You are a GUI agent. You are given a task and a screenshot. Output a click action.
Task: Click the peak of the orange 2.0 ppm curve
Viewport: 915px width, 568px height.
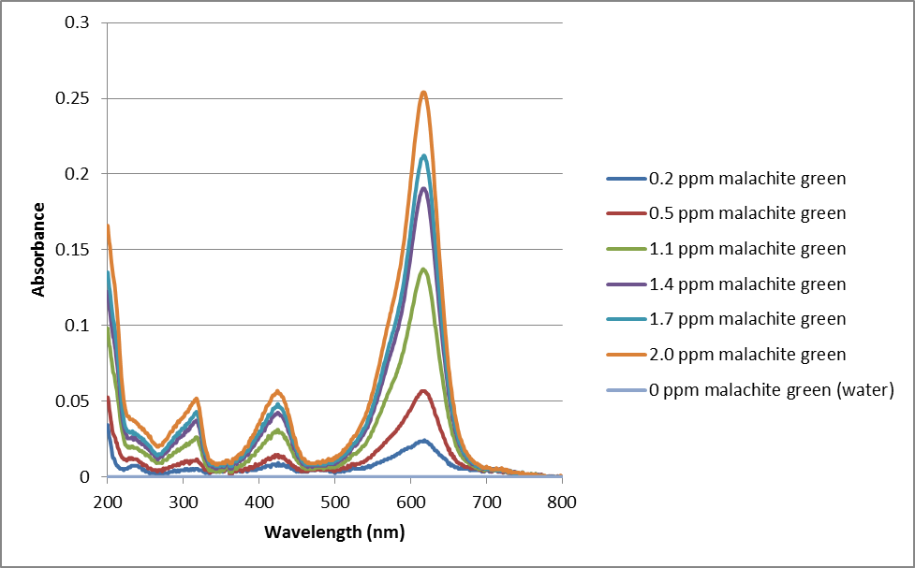click(423, 92)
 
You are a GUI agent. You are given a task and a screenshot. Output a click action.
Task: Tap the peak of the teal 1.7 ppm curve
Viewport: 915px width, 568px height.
click(424, 155)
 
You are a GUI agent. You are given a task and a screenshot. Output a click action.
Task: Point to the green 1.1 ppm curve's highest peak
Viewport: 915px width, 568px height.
click(424, 269)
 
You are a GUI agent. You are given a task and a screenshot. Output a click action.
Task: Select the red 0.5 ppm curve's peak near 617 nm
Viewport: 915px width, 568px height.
click(424, 390)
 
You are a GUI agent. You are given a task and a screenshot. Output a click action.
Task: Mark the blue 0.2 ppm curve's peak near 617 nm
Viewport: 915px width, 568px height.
click(423, 440)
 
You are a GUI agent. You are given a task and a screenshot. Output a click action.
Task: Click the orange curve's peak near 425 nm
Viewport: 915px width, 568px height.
click(277, 391)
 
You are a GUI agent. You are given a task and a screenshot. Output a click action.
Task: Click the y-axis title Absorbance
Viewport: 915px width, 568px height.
click(39, 250)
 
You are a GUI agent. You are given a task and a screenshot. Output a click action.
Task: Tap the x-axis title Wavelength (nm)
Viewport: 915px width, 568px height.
click(335, 532)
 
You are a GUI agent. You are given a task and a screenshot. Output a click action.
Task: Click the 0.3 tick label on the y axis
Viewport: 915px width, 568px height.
click(82, 22)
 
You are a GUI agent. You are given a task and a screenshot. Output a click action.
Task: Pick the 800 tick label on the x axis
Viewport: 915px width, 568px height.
click(561, 503)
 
